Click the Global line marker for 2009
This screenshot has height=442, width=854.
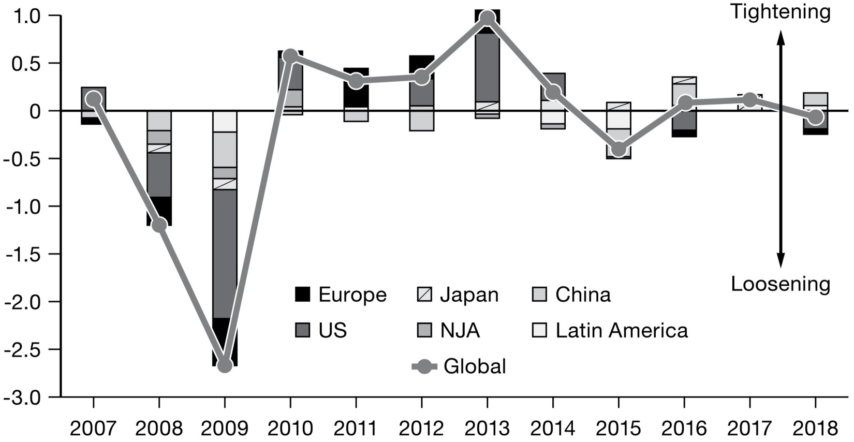tap(225, 365)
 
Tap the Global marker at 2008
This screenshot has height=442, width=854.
tap(159, 225)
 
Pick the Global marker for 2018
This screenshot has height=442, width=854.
tap(816, 117)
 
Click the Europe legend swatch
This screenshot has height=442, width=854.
tap(302, 294)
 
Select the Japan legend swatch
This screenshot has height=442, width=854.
tap(424, 294)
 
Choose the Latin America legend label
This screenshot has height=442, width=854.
tap(622, 330)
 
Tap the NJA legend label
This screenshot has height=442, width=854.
tap(460, 330)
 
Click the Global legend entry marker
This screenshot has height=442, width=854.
tap(424, 366)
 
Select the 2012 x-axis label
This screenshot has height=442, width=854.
tap(422, 429)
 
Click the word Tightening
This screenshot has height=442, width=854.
tap(781, 11)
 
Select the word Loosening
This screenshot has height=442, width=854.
tap(781, 284)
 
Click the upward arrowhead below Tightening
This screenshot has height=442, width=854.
tap(781, 37)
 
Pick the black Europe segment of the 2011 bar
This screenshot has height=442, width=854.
tap(356, 88)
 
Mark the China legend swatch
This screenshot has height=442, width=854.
tap(539, 294)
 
